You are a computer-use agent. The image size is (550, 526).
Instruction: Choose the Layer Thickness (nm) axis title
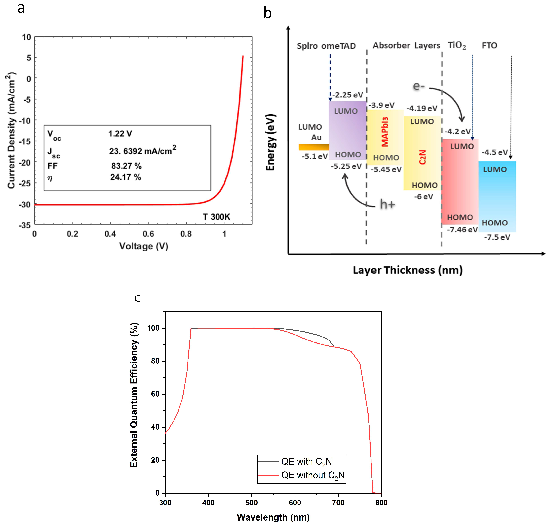[x=408, y=270]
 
